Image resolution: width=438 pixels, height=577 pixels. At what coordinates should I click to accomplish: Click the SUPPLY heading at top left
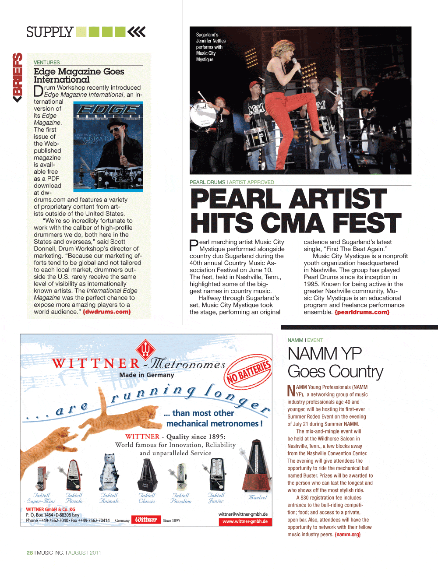(x=49, y=32)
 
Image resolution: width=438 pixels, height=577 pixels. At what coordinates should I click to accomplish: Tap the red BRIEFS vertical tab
(x=18, y=77)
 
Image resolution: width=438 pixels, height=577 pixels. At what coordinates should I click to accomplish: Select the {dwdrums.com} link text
(x=107, y=312)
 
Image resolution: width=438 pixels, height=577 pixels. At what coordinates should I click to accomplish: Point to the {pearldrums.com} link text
(x=362, y=312)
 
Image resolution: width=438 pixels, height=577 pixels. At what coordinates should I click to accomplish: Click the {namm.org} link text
(x=347, y=535)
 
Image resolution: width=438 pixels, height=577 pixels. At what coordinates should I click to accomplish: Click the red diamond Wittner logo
(x=146, y=349)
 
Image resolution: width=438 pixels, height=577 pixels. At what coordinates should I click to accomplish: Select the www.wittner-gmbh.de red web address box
(x=245, y=521)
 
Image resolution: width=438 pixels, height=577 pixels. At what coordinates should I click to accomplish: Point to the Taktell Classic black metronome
(x=147, y=475)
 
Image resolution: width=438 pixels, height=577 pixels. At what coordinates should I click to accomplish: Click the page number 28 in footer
(x=30, y=552)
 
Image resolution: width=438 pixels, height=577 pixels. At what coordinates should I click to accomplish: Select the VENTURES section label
(x=47, y=63)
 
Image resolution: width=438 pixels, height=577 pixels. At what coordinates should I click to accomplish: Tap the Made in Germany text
(x=146, y=375)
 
